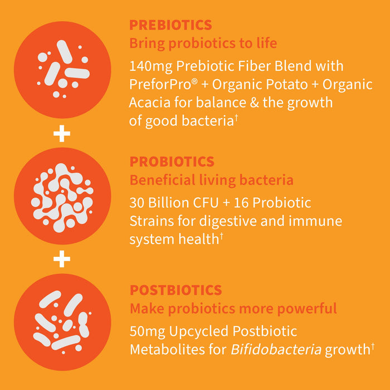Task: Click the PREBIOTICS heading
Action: (170, 25)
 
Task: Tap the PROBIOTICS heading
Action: (172, 162)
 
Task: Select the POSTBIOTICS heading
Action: (175, 290)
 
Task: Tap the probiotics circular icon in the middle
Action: (62, 198)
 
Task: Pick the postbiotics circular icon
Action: (62, 322)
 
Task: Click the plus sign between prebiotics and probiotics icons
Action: (62, 134)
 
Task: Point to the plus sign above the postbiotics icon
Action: (62, 259)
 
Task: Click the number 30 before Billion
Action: (137, 203)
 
